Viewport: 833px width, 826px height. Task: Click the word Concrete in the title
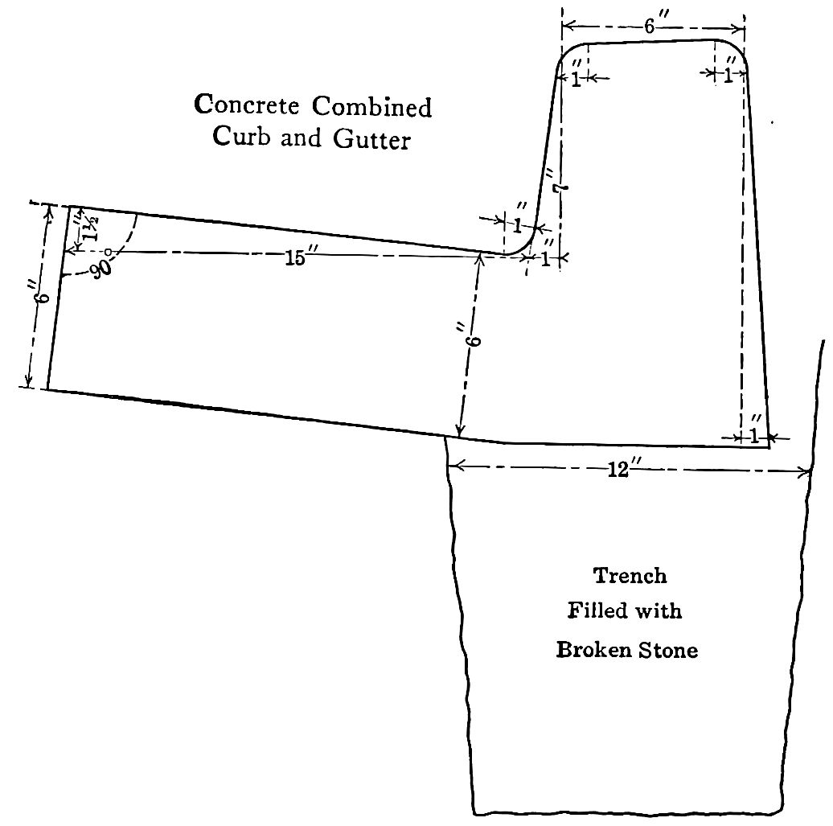pyautogui.click(x=247, y=105)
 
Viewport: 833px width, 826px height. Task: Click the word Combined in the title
pyautogui.click(x=371, y=106)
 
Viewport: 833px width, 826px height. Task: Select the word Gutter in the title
pyautogui.click(x=371, y=139)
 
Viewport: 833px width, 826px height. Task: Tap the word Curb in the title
pyautogui.click(x=241, y=138)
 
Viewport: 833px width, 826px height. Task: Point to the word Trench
pyautogui.click(x=630, y=576)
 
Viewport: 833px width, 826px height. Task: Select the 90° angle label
pyautogui.click(x=102, y=265)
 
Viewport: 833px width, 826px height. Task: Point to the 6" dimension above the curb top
pyautogui.click(x=652, y=26)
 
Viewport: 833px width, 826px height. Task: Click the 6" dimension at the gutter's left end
pyautogui.click(x=43, y=292)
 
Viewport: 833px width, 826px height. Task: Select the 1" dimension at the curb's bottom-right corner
pyautogui.click(x=754, y=433)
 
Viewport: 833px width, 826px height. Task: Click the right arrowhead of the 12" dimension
pyautogui.click(x=805, y=472)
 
